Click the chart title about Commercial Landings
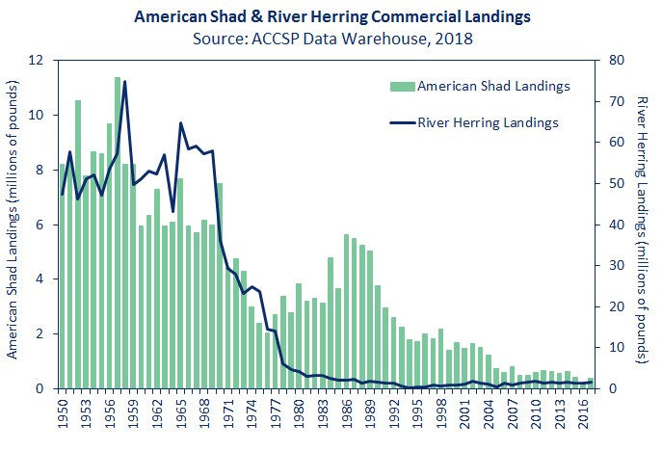[x=331, y=17]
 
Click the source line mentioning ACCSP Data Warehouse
[x=331, y=40]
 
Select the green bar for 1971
[x=220, y=285]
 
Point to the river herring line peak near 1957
[x=124, y=82]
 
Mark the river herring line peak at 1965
[x=180, y=123]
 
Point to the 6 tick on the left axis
[x=45, y=225]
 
